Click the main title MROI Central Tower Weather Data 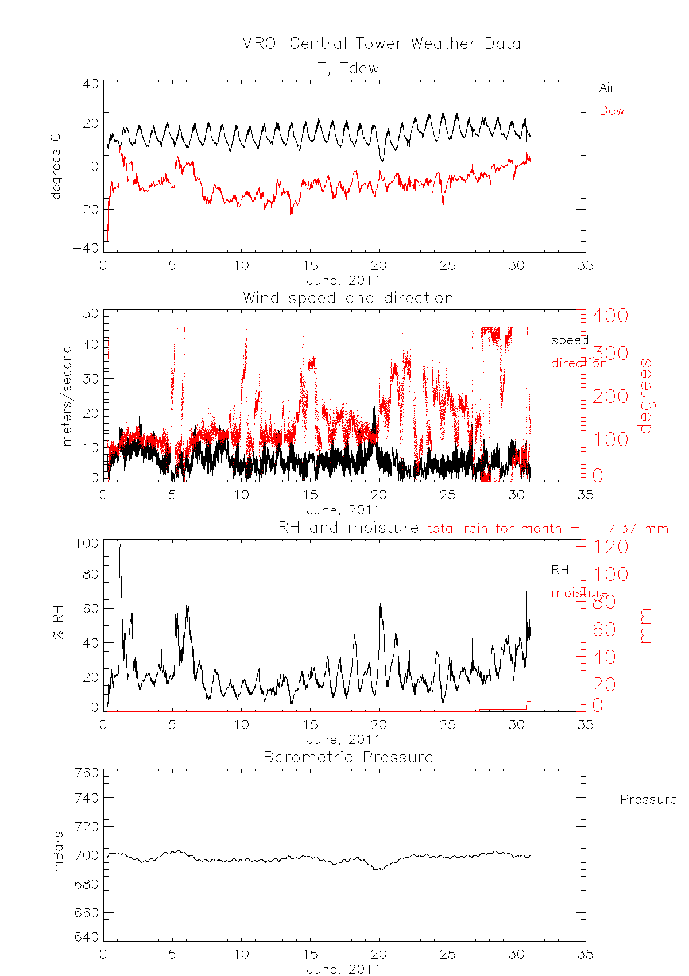381,44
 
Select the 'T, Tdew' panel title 348,68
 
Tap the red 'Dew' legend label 611,111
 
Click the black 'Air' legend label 607,88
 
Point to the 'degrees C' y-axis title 56,166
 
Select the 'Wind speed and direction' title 348,298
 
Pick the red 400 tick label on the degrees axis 610,315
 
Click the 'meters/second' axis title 67,396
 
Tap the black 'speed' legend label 570,340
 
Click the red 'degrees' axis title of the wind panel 646,396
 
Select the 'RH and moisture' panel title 348,528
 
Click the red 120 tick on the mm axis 610,547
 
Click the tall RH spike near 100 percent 120,547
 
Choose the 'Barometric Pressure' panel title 348,757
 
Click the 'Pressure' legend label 648,800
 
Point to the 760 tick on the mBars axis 87,773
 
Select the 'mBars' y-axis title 58,853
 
